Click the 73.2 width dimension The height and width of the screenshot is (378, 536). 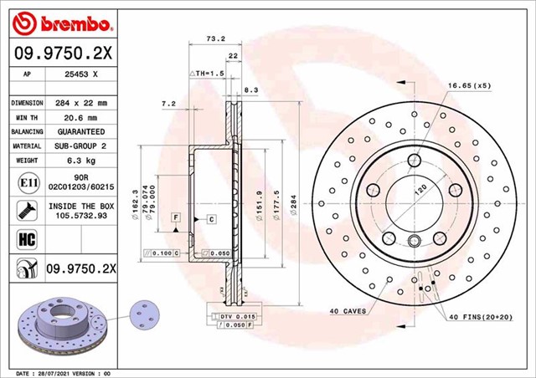point(193,38)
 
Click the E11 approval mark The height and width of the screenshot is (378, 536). point(24,182)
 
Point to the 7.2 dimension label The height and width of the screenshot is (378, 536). point(167,105)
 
